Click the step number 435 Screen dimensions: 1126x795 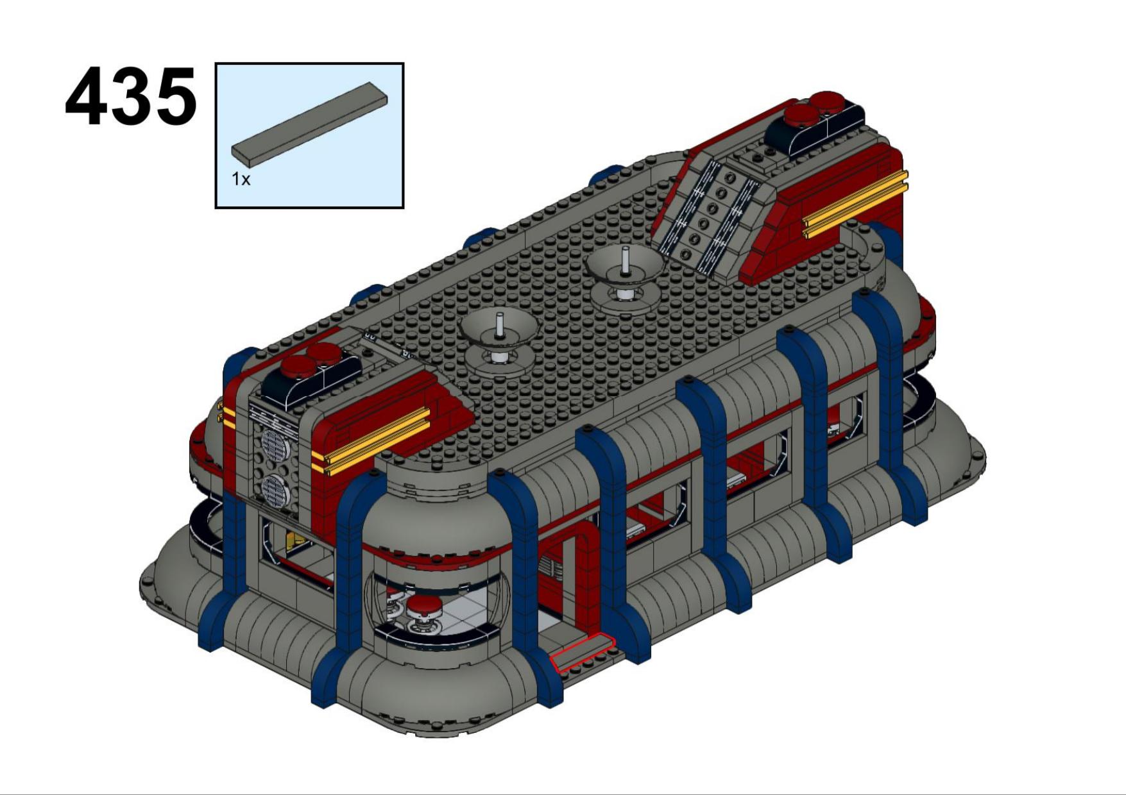pos(131,96)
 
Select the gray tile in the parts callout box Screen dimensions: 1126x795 pos(310,121)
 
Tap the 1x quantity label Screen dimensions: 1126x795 pos(241,180)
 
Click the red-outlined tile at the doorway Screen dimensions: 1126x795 pos(583,652)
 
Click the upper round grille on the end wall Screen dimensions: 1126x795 pos(275,442)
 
